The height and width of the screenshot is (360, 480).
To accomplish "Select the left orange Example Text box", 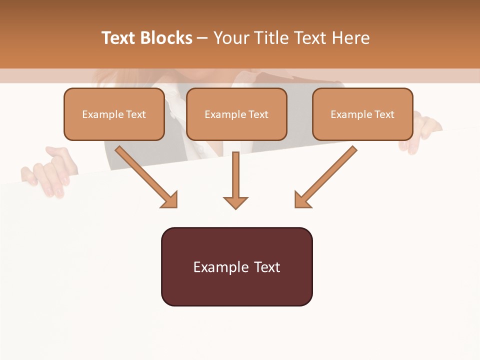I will (x=114, y=114).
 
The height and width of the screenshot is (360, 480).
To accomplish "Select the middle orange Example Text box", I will (x=236, y=114).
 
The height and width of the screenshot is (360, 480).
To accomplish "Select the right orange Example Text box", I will (x=362, y=114).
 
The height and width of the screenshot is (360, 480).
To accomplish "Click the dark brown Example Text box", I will (x=236, y=266).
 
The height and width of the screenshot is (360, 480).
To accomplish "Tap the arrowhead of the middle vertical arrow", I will (x=235, y=202).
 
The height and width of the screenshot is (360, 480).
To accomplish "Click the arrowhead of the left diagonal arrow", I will (x=170, y=200).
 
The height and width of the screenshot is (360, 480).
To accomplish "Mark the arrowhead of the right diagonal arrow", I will (x=302, y=200).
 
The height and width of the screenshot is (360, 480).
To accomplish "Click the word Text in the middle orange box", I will (x=258, y=114).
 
